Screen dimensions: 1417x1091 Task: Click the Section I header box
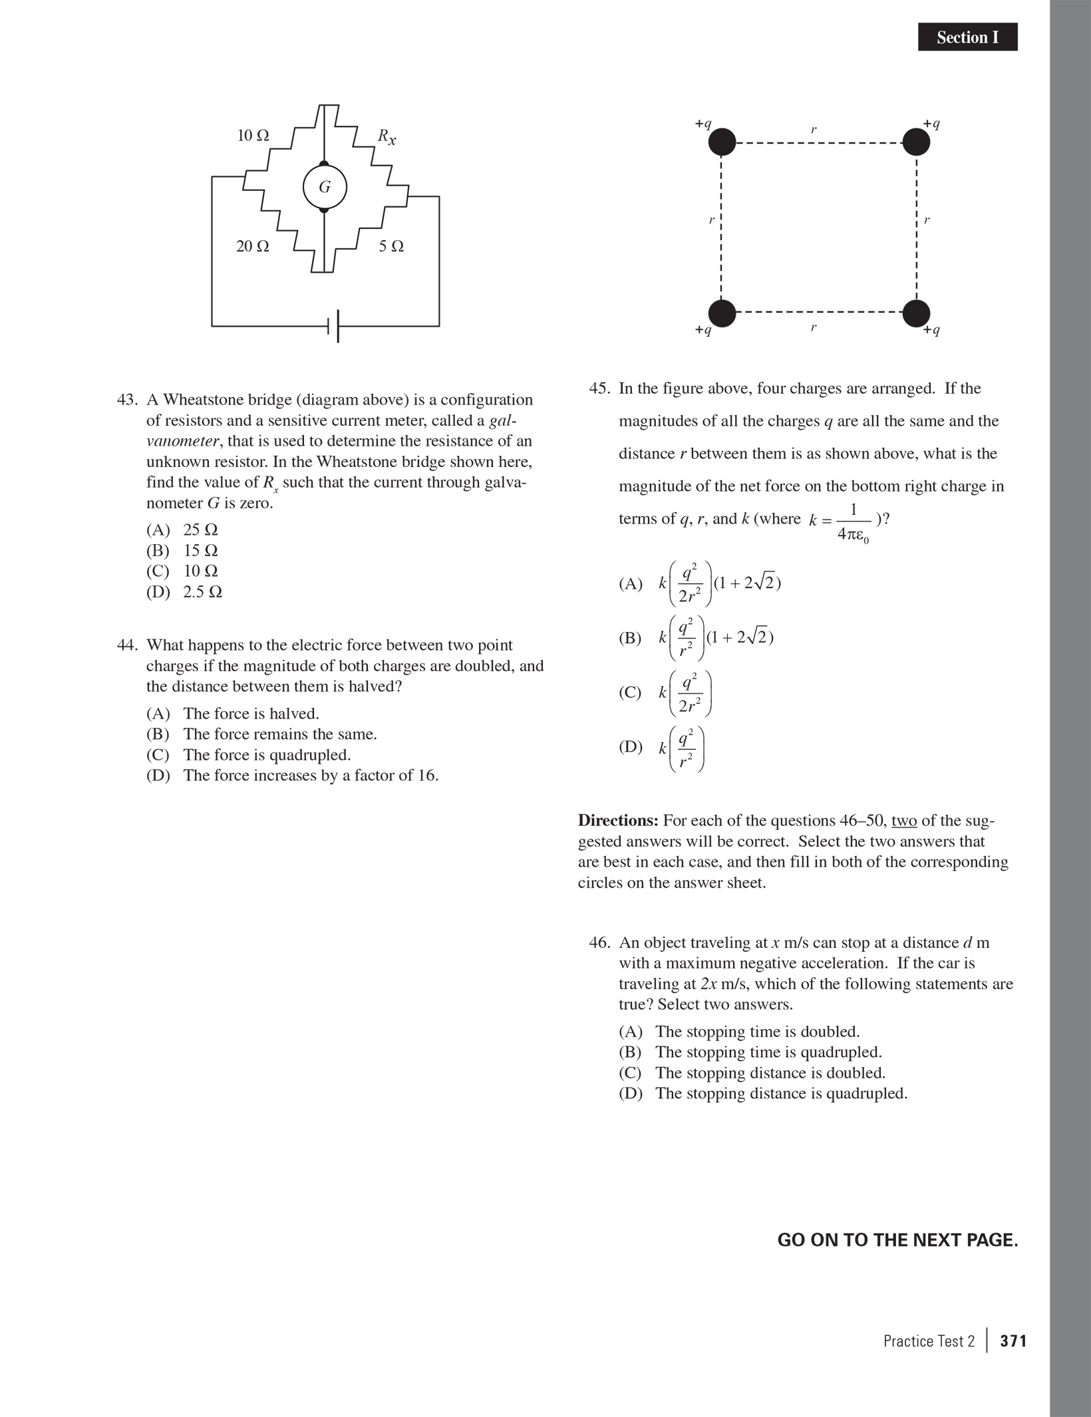coord(967,37)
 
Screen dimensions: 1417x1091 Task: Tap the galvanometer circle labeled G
coord(325,187)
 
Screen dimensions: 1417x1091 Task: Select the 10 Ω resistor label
coord(253,136)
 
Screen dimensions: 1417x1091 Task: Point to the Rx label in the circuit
coord(387,136)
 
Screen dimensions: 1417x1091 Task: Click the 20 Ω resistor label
coord(253,246)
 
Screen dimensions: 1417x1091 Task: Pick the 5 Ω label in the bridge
coord(391,246)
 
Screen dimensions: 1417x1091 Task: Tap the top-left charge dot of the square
coord(722,142)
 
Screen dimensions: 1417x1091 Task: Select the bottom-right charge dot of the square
coord(916,313)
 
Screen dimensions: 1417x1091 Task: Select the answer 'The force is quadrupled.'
coord(267,755)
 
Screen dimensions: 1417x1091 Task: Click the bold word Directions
coord(618,820)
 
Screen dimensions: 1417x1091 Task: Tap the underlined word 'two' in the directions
coord(904,820)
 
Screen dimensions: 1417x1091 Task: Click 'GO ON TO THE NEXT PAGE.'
coord(897,1240)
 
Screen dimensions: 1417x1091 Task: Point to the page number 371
coord(1013,1341)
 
